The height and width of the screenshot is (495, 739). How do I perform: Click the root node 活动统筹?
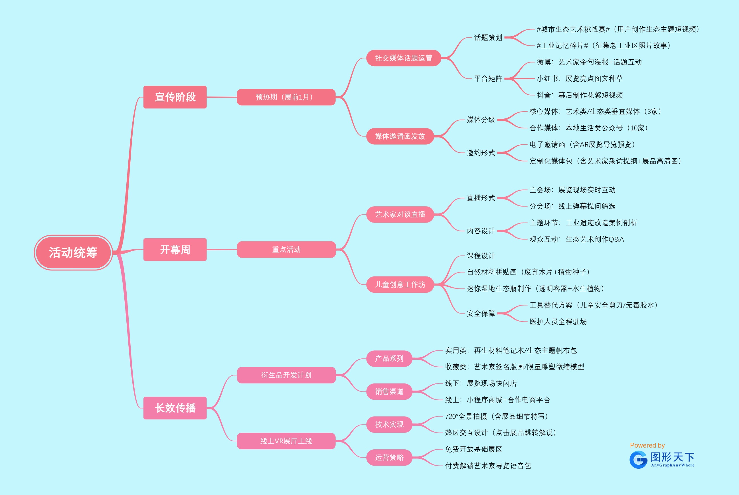coord(73,252)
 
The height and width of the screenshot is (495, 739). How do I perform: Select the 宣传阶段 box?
coord(175,97)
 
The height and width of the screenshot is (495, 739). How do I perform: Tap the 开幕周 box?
coord(175,250)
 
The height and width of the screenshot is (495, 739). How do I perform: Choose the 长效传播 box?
coord(175,408)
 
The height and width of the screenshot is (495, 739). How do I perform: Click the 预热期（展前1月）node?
coord(286,97)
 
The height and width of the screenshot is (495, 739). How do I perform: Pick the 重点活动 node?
coord(286,250)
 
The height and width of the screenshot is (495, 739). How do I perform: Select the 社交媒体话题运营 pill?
coord(403,58)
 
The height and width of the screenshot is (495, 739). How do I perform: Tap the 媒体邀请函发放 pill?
coord(400,136)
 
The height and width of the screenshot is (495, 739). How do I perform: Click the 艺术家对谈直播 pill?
coord(400,215)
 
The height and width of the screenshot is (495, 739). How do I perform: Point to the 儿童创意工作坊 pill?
coord(400,285)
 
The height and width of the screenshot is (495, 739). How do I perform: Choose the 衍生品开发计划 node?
coord(286,375)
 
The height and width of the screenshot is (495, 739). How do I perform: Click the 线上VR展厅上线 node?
coord(286,441)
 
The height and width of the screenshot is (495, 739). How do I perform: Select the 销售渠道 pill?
coord(389,392)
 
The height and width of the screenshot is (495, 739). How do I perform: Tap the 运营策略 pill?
coord(389,457)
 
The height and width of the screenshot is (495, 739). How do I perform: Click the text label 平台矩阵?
coord(488,79)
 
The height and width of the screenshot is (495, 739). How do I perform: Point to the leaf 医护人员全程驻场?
coord(558,322)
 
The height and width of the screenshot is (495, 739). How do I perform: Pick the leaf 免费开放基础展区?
coord(473,449)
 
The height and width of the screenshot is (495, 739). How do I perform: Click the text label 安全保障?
coord(481,314)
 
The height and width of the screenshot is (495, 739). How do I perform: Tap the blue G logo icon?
coord(638,460)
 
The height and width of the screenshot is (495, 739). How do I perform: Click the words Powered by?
coord(647,445)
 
